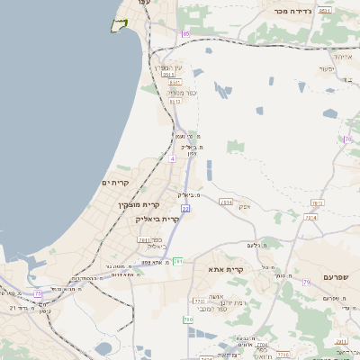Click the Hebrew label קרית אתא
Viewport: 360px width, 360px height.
[226, 269]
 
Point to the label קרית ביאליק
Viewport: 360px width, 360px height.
[157, 219]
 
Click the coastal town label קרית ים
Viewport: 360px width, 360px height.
[116, 183]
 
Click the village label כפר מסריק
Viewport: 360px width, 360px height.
[182, 92]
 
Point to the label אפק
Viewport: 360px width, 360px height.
[244, 206]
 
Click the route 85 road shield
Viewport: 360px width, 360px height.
[186, 34]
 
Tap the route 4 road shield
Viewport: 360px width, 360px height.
[171, 158]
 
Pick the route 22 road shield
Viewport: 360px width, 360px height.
[185, 208]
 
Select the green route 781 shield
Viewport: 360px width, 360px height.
[178, 261]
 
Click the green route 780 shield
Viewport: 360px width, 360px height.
[188, 319]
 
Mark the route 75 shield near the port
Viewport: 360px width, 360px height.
[38, 293]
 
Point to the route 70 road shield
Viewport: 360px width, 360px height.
[346, 139]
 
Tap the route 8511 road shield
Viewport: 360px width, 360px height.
[325, 11]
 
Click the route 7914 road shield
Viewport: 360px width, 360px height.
[310, 217]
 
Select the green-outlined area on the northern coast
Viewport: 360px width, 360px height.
[116, 25]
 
